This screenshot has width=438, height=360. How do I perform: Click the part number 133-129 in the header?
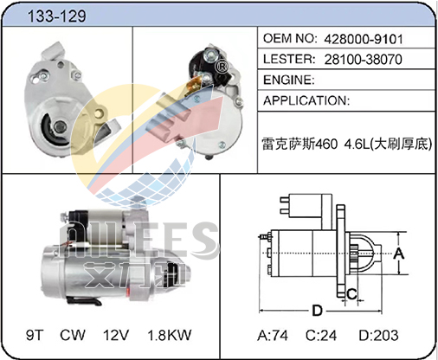point(56,16)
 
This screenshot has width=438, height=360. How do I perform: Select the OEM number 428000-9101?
point(364,39)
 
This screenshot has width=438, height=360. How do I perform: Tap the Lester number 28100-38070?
point(363,60)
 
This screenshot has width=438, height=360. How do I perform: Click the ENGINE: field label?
point(289,80)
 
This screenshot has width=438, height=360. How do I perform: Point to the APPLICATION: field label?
point(306,100)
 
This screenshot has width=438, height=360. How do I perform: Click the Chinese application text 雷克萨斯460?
point(300,144)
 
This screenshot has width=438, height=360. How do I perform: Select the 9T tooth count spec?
point(35,335)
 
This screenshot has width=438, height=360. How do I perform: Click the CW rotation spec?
point(73,335)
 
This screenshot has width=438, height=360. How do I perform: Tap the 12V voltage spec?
point(116,335)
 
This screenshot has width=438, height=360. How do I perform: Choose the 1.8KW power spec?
point(170,335)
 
